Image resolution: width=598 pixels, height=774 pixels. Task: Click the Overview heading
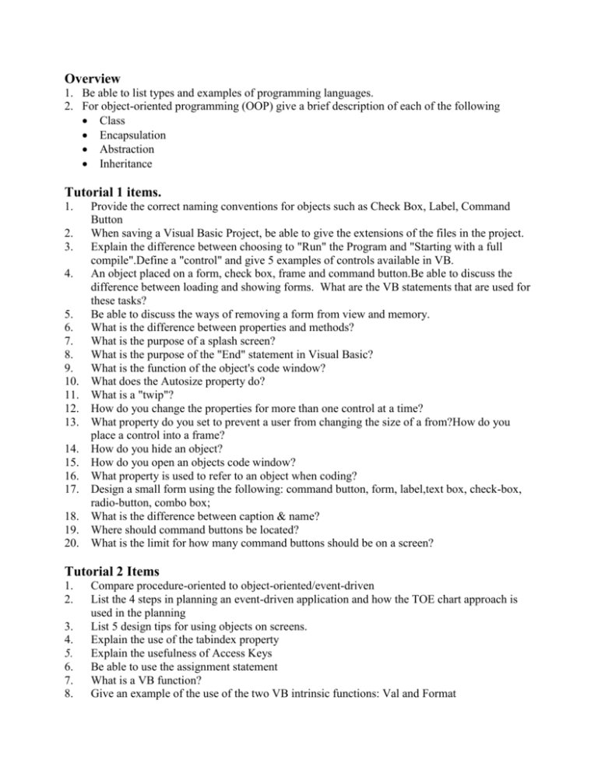[92, 78]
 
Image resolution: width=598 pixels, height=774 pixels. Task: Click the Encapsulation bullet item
[132, 135]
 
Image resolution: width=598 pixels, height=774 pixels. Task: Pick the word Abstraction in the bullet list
[126, 150]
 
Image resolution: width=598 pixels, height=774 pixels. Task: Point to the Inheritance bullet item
[125, 164]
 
